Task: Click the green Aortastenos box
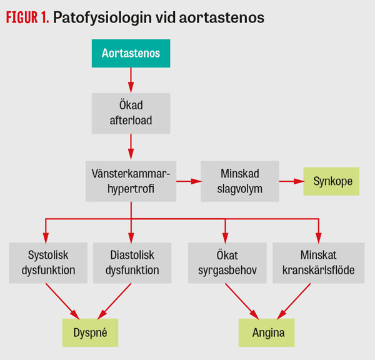(131, 53)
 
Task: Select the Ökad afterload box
(131, 112)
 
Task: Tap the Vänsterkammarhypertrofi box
(131, 181)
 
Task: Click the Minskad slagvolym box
(239, 181)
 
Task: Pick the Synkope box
(331, 181)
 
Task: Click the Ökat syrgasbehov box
(225, 263)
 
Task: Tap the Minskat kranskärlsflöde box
(318, 263)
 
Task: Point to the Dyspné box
(89, 332)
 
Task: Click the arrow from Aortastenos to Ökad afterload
(131, 80)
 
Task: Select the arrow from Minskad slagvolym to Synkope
(291, 181)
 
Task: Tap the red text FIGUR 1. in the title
(27, 18)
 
